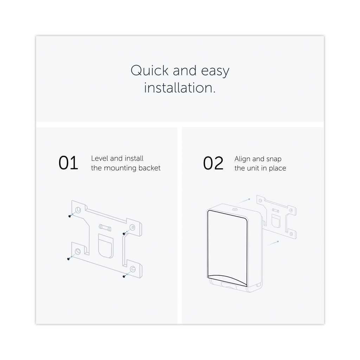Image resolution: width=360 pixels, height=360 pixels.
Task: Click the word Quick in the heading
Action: click(150, 70)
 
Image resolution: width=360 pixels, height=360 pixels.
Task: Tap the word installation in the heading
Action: click(180, 88)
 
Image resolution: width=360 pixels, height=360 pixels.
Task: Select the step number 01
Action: click(68, 163)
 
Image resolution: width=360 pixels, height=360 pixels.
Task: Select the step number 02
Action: click(213, 163)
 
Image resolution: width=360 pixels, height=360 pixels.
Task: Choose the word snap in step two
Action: click(274, 159)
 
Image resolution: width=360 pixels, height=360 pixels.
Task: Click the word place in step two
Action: click(277, 168)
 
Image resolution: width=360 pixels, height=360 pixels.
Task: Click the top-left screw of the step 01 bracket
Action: click(70, 216)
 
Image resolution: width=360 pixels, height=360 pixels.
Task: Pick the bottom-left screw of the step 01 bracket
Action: click(69, 259)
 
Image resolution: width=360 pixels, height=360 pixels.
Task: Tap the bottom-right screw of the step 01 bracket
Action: click(124, 276)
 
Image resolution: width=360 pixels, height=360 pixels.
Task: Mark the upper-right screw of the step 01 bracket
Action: click(124, 234)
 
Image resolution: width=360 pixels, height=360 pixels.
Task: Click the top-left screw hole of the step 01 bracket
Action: click(78, 210)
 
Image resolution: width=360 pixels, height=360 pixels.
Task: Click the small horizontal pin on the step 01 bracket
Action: click(105, 227)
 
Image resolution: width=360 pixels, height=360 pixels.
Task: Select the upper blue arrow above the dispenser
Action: click(244, 201)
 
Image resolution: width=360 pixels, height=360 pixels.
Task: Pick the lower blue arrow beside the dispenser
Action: click(273, 243)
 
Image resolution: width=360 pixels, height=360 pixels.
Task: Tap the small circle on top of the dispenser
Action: click(234, 210)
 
